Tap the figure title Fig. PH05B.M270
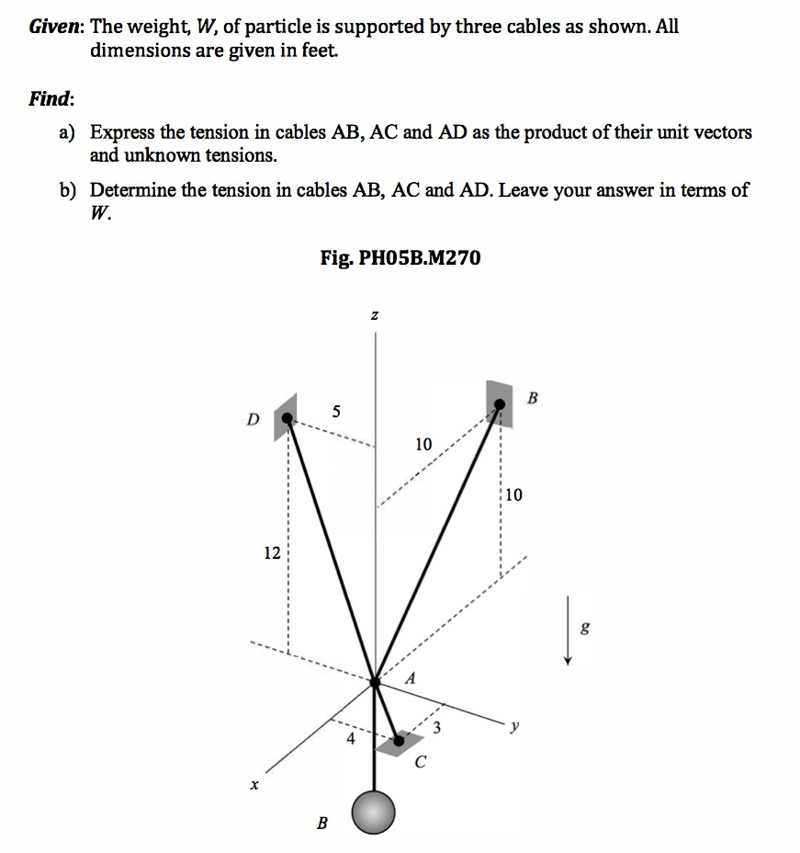(400, 258)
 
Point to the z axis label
(375, 315)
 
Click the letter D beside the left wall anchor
(253, 420)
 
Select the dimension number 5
(336, 412)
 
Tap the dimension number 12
(272, 553)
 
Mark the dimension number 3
(437, 731)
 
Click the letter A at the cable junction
(411, 680)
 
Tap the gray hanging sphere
(376, 813)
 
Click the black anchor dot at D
(288, 419)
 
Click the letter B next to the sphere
(321, 824)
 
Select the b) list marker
(68, 190)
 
